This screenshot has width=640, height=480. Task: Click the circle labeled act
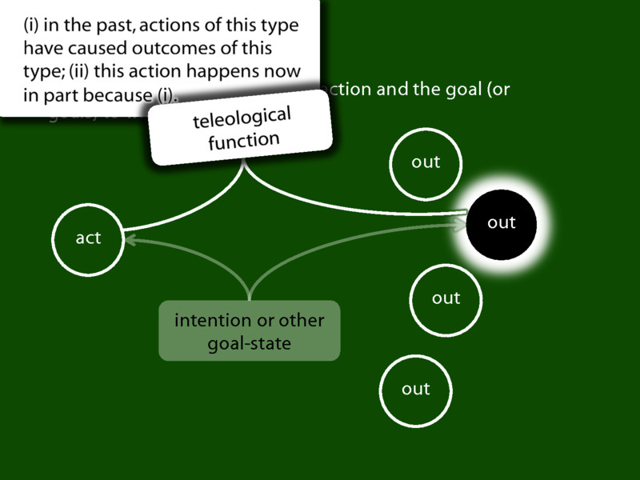tap(88, 238)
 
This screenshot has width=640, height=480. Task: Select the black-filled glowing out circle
tap(502, 222)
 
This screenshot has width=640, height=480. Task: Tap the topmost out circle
tap(426, 162)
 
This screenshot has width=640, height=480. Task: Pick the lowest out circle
tap(416, 389)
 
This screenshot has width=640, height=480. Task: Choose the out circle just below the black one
tap(446, 298)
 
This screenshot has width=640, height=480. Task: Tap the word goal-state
tap(249, 344)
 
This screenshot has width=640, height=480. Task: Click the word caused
tap(84, 48)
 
